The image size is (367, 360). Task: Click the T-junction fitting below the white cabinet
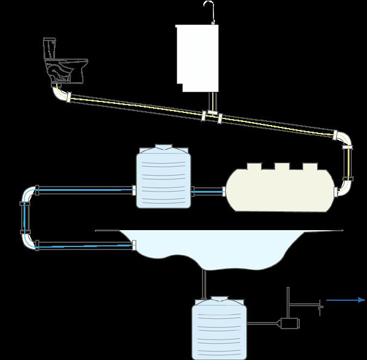point(212,114)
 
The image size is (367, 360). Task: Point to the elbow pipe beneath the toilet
point(59,94)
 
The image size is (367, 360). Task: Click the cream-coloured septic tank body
point(278,190)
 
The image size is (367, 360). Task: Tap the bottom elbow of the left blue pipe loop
point(29,240)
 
